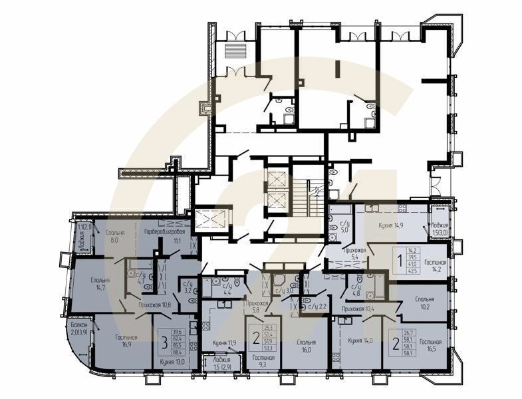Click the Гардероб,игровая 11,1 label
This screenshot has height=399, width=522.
(164, 237)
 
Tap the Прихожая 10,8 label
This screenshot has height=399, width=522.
(156, 305)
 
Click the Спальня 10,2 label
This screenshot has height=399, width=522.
(420, 303)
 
